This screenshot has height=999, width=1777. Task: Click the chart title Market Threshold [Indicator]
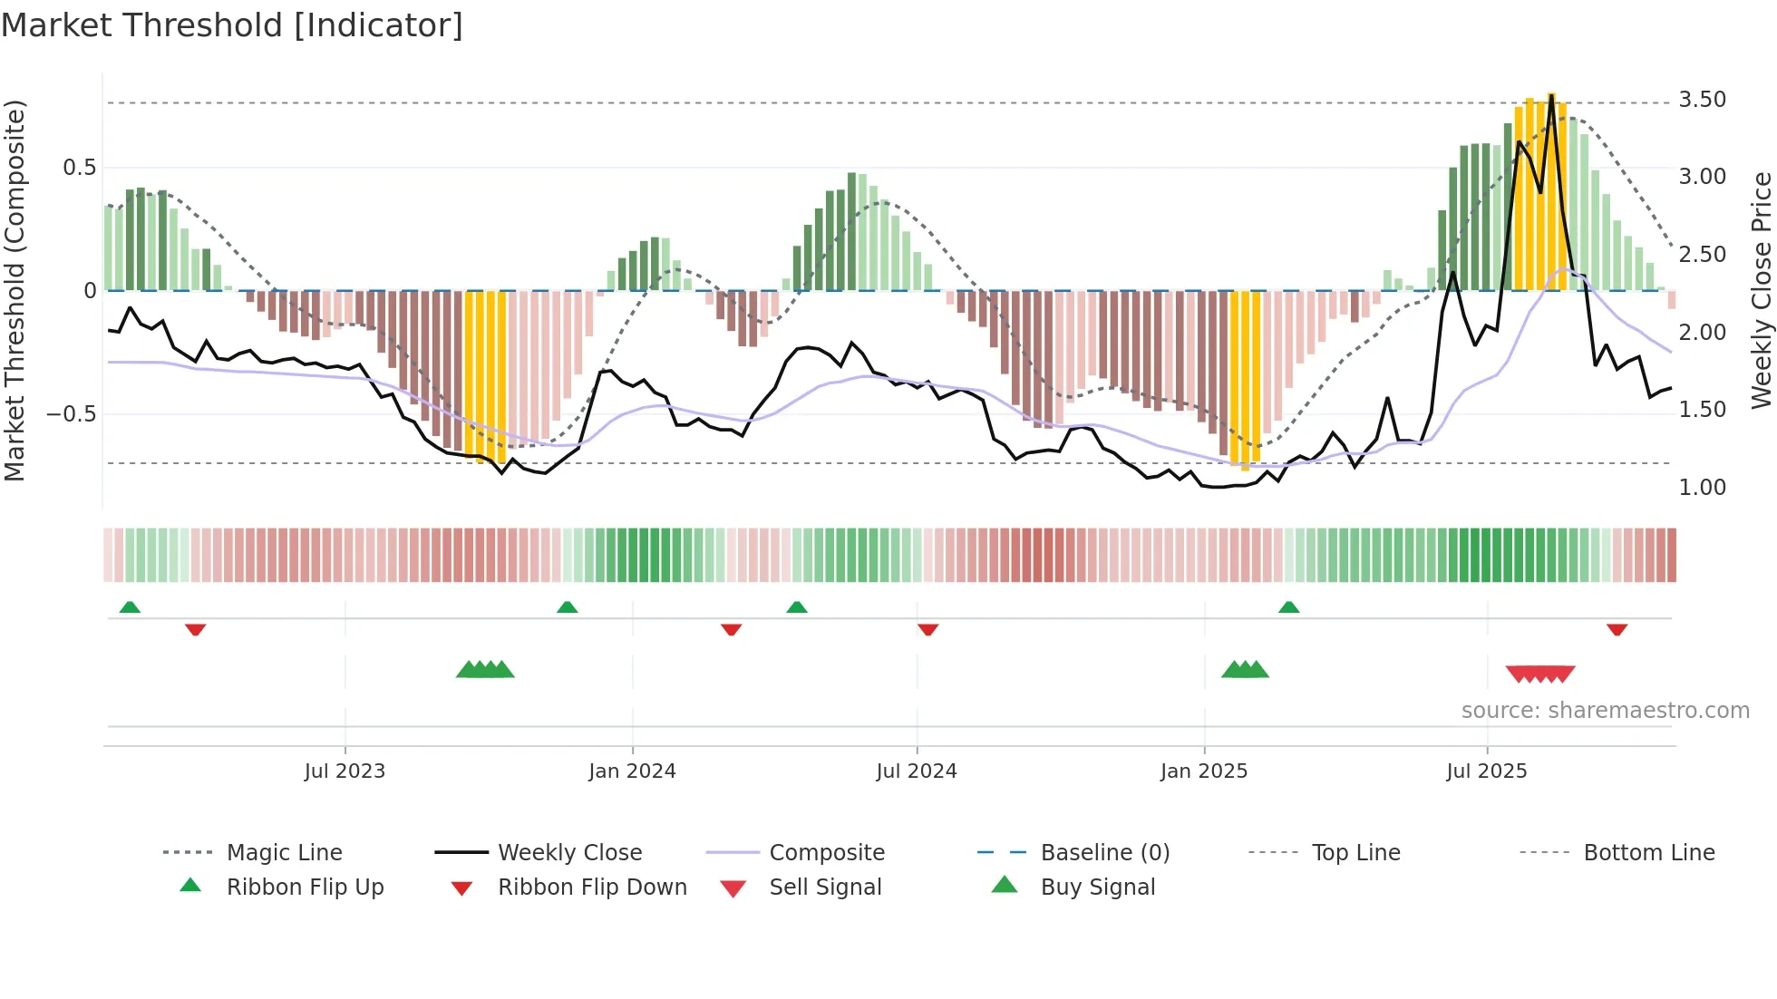(x=232, y=25)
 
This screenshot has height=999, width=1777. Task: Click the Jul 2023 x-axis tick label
(x=345, y=771)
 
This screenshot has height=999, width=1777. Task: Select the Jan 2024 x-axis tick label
(x=632, y=771)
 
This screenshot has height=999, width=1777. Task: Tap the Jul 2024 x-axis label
(x=916, y=771)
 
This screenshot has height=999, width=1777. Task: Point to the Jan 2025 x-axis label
(x=1204, y=771)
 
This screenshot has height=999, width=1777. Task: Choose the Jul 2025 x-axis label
(x=1486, y=771)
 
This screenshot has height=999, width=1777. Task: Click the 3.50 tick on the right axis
(x=1702, y=100)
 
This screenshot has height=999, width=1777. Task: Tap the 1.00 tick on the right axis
(x=1702, y=488)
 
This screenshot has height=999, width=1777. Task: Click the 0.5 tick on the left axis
(x=79, y=168)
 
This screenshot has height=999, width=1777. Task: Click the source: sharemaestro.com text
(x=1605, y=711)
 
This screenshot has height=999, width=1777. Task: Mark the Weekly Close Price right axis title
(x=1761, y=290)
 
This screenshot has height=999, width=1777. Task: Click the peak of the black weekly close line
(x=1551, y=95)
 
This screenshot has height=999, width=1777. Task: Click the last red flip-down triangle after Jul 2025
(x=1617, y=629)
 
